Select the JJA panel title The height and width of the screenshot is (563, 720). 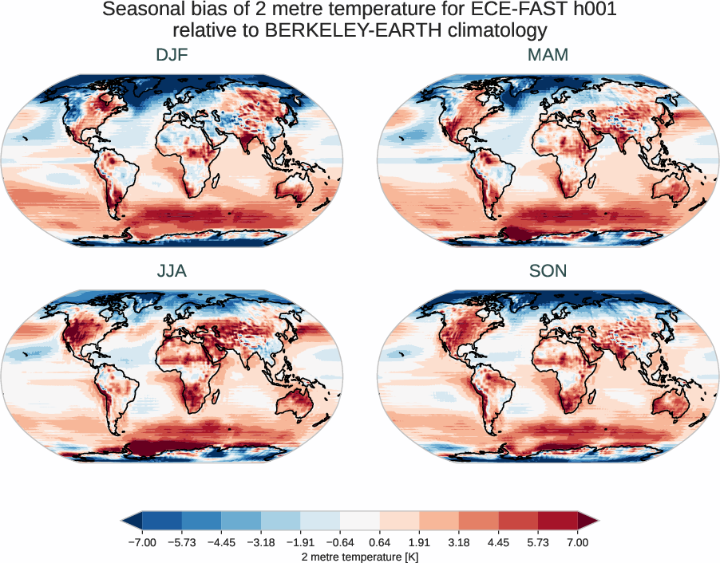(172, 271)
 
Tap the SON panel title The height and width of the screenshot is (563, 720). (548, 271)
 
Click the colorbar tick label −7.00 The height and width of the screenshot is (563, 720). (141, 542)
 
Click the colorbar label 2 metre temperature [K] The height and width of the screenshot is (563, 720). (360, 556)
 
